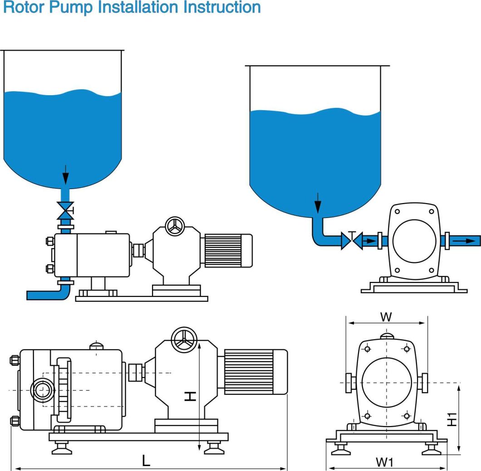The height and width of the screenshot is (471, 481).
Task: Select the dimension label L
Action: (x=146, y=461)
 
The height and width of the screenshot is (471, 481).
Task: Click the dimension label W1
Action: (x=384, y=462)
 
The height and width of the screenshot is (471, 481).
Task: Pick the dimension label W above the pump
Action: (x=386, y=317)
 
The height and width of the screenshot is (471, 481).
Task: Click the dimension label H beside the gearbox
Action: (x=191, y=396)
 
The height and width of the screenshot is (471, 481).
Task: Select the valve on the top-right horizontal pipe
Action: (x=352, y=240)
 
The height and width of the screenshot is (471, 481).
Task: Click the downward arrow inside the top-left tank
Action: (x=66, y=175)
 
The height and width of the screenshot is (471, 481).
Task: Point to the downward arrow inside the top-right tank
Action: (x=318, y=203)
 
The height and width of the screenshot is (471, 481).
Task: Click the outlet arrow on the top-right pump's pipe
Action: (x=465, y=241)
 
